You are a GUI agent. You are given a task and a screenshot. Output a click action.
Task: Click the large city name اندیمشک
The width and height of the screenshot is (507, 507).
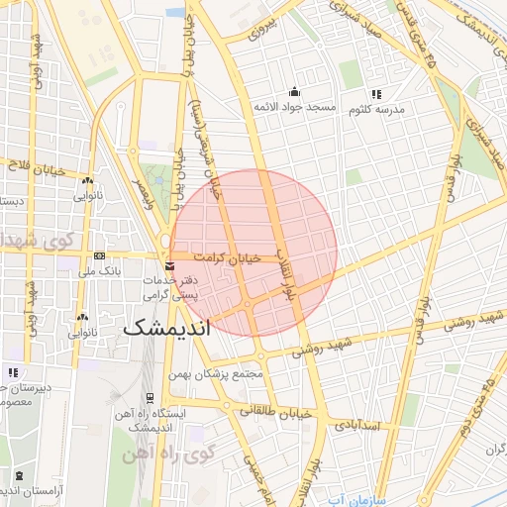(169, 330)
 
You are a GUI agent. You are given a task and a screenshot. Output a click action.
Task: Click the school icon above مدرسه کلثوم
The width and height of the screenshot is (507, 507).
(376, 94)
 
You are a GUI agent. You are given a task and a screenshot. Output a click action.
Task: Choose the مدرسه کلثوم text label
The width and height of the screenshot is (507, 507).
(376, 109)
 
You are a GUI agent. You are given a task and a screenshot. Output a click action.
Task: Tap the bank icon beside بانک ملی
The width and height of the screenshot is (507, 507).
(98, 255)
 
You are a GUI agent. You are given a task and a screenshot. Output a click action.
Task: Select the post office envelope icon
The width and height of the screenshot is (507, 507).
(170, 266)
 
